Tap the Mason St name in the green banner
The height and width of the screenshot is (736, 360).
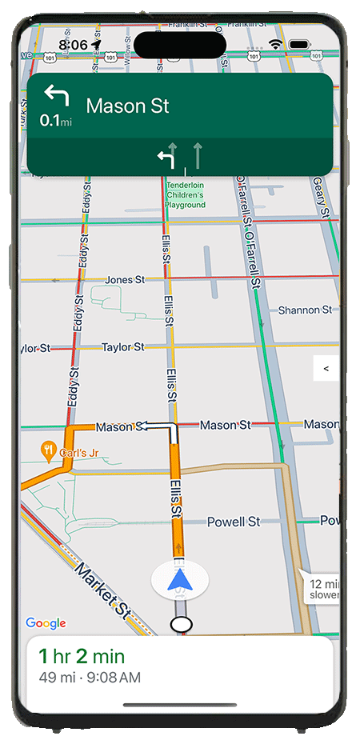pyautogui.click(x=127, y=106)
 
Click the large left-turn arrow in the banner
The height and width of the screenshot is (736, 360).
pyautogui.click(x=56, y=98)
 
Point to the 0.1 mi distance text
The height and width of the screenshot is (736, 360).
pyautogui.click(x=55, y=121)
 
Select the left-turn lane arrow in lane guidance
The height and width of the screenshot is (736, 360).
pyautogui.click(x=166, y=157)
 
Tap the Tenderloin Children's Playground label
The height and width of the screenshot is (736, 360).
pyautogui.click(x=185, y=194)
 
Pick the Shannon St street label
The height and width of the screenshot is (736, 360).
pyautogui.click(x=305, y=310)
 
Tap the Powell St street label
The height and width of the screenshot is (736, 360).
pyautogui.click(x=233, y=522)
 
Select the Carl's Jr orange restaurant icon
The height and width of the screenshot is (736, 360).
pyautogui.click(x=49, y=450)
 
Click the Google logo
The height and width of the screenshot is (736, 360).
pyautogui.click(x=46, y=623)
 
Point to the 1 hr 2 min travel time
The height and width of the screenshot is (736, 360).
pyautogui.click(x=82, y=657)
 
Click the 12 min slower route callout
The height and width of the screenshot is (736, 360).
pyautogui.click(x=324, y=589)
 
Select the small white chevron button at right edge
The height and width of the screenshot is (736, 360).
pyautogui.click(x=325, y=368)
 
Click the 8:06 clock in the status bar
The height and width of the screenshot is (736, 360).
pyautogui.click(x=73, y=46)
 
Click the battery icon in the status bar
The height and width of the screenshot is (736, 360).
pyautogui.click(x=299, y=44)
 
